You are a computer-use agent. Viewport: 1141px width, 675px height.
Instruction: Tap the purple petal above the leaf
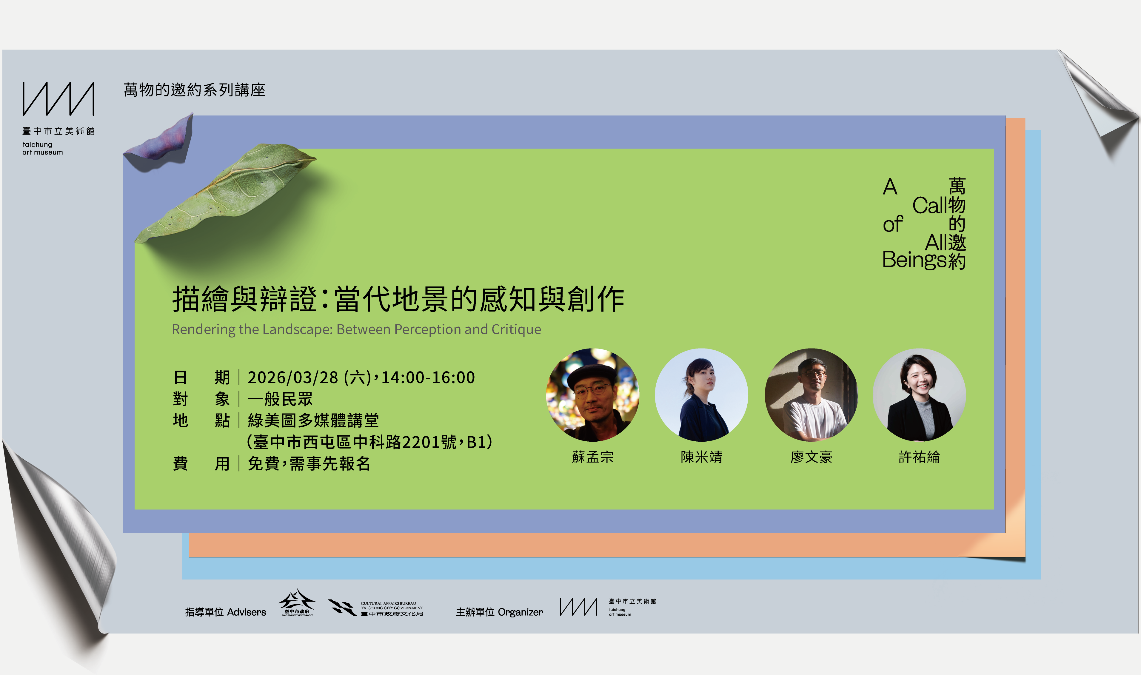pyautogui.click(x=161, y=143)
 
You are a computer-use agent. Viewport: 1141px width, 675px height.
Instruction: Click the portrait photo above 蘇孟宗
pyautogui.click(x=592, y=395)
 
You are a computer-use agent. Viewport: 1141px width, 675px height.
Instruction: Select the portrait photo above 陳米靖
pyautogui.click(x=702, y=395)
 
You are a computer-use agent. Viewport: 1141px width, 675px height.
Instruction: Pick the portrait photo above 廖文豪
pyautogui.click(x=811, y=395)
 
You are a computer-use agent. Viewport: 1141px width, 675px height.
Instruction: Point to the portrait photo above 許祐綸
pyautogui.click(x=919, y=395)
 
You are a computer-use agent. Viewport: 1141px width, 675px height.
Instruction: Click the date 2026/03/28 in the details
pyautogui.click(x=293, y=377)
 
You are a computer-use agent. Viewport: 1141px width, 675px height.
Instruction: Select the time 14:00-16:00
pyautogui.click(x=428, y=377)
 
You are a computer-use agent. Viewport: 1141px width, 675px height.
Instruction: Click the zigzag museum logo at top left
pyautogui.click(x=58, y=99)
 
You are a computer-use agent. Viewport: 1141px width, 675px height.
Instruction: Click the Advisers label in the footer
pyautogui.click(x=246, y=612)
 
